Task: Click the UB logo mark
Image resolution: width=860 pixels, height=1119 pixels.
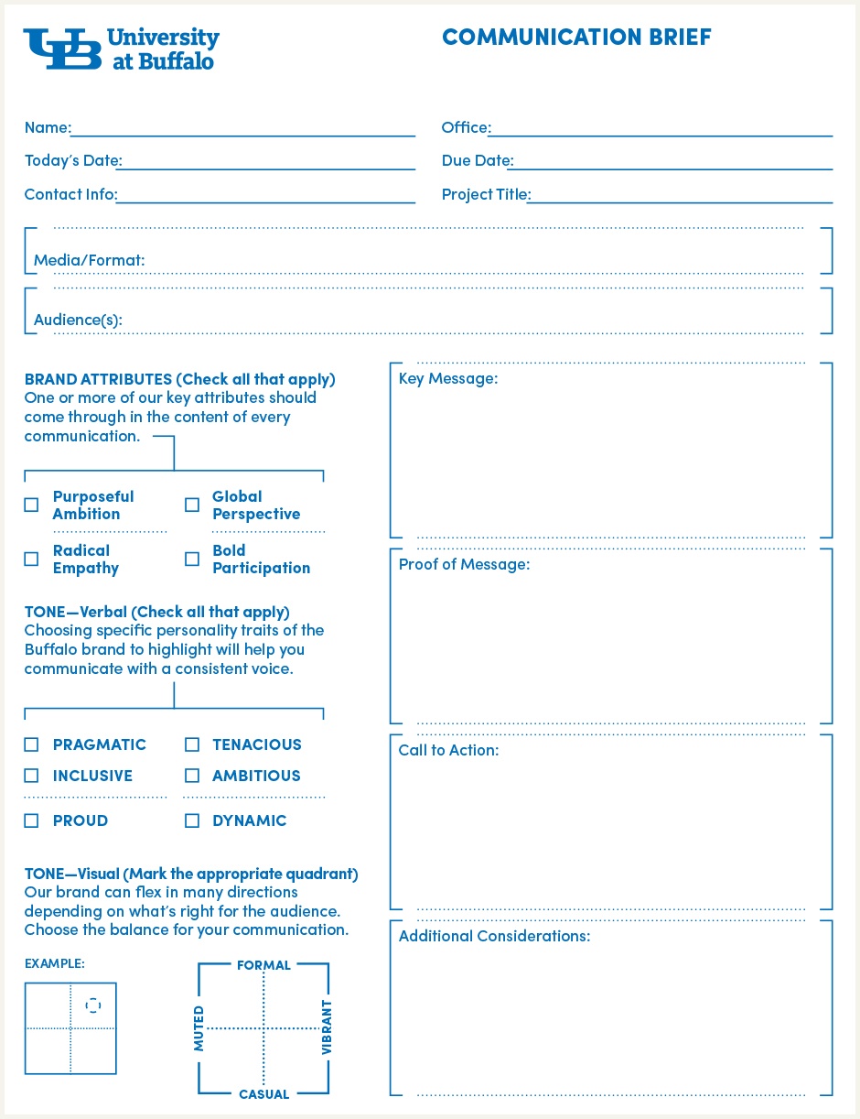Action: (x=62, y=49)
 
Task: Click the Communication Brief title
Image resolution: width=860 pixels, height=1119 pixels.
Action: (x=576, y=37)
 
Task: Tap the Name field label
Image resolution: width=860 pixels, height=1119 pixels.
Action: (x=47, y=128)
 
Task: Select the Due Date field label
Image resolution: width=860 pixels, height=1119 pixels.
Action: (x=477, y=161)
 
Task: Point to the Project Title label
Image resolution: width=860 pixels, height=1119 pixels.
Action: (x=486, y=194)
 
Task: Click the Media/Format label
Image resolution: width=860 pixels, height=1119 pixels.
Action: (x=89, y=261)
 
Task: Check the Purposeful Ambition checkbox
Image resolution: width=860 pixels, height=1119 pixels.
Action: (x=32, y=505)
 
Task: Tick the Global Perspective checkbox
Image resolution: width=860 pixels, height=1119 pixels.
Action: (x=192, y=505)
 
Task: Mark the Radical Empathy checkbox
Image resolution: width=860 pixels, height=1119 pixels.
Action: (x=32, y=559)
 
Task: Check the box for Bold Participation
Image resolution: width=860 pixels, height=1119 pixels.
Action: (x=192, y=559)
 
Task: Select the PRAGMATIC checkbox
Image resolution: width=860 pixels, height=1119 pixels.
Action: (x=32, y=744)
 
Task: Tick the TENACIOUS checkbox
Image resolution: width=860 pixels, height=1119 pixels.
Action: (x=192, y=744)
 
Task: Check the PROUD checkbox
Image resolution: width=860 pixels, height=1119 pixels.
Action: (x=32, y=820)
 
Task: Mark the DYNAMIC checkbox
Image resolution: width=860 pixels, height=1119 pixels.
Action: (x=192, y=820)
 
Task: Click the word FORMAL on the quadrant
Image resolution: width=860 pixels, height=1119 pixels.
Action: (x=263, y=965)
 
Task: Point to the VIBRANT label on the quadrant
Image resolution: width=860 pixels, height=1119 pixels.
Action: (x=327, y=1027)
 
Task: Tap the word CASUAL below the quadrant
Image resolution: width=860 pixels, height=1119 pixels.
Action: (x=263, y=1094)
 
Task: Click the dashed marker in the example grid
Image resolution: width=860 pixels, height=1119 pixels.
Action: (x=93, y=1005)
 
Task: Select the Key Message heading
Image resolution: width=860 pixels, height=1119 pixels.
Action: (x=448, y=378)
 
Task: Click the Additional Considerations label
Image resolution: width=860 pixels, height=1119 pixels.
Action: (x=494, y=936)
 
